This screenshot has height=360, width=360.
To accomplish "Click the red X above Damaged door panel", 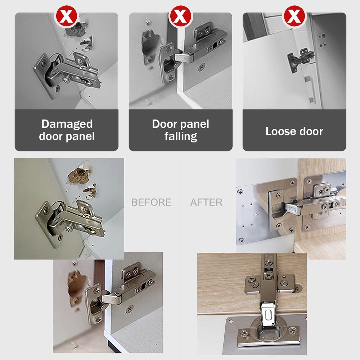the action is (67, 16).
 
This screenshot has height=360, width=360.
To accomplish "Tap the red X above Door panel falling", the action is (180, 16).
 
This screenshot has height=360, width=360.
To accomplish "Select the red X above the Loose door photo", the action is (294, 16).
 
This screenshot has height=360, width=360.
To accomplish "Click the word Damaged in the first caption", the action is (67, 124).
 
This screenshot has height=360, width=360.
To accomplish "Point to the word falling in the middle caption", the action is (181, 136).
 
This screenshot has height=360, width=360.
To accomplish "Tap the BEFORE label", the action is (151, 202).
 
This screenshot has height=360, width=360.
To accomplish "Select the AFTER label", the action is (206, 202).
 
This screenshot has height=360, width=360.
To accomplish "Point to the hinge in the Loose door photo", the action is (301, 60).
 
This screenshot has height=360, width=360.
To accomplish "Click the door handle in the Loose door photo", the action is (309, 88).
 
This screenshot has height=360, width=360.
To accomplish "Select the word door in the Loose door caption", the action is (311, 131).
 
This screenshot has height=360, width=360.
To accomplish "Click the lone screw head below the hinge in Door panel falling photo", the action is (201, 68).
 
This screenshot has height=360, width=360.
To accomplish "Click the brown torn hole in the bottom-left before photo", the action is (77, 287).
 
